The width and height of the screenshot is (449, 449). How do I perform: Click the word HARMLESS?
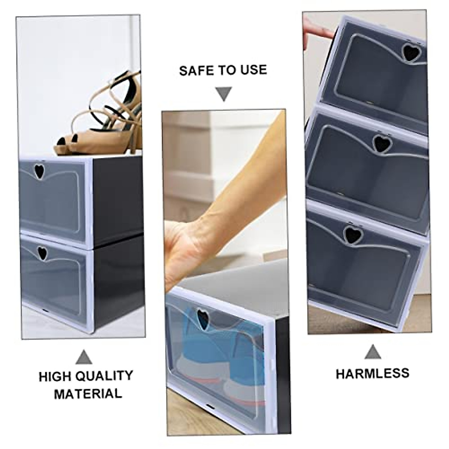point(372,374)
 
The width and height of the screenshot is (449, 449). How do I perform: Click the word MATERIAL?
point(88,394)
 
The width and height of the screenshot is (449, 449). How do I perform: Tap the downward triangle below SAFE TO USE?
point(224,94)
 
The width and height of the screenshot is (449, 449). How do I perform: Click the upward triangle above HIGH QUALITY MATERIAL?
point(83,358)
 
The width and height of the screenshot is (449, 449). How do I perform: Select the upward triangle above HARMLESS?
point(373,352)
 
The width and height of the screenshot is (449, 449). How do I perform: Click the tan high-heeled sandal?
point(109,116)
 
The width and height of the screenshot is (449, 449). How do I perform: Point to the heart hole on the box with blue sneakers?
point(203,320)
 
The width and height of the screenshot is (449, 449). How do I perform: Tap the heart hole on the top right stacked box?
point(411,53)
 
